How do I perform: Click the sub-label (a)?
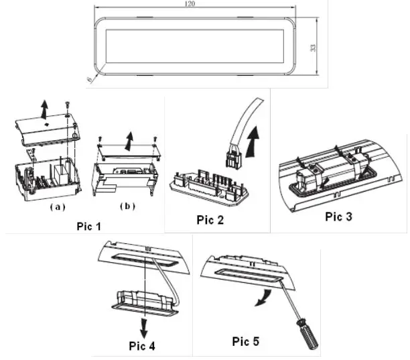[x=58, y=206]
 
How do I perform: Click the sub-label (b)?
[x=127, y=206]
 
